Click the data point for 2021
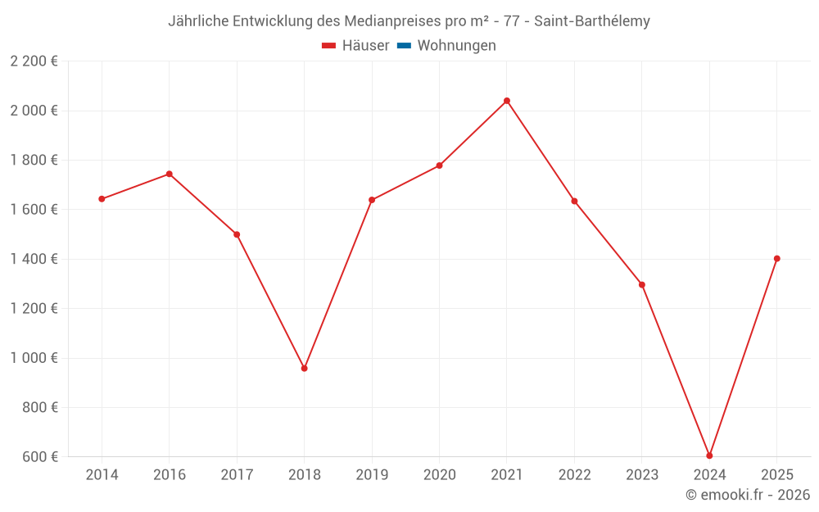[507, 101]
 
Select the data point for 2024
[709, 455]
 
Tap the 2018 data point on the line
[304, 369]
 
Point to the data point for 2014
[102, 199]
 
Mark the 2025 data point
[776, 259]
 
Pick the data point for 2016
[169, 174]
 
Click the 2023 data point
[642, 285]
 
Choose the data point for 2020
[439, 165]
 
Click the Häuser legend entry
[355, 46]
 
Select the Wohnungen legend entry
[447, 46]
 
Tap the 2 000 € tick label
[34, 111]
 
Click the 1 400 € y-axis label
[34, 259]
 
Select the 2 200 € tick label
[34, 61]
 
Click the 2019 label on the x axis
[372, 475]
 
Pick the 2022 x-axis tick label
[574, 475]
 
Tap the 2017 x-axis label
[237, 475]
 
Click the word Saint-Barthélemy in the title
[592, 21]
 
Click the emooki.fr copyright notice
[748, 495]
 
